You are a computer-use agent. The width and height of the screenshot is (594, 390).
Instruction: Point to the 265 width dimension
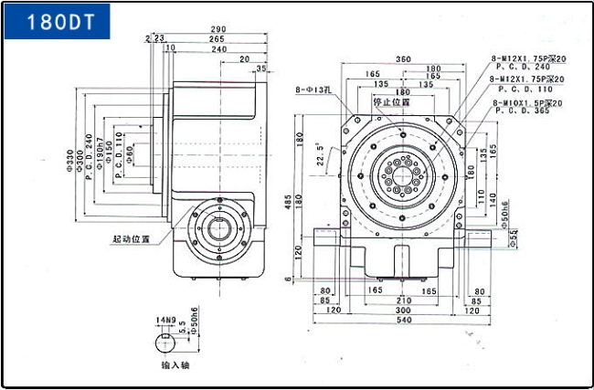pyautogui.click(x=217, y=39)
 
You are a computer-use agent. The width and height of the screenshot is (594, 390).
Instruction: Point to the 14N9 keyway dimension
pyautogui.click(x=164, y=319)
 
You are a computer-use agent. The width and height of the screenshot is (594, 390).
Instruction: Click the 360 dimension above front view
pyautogui.click(x=402, y=59)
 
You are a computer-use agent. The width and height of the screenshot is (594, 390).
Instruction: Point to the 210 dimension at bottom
pyautogui.click(x=402, y=299)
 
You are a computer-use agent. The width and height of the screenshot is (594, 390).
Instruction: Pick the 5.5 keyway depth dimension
pyautogui.click(x=182, y=323)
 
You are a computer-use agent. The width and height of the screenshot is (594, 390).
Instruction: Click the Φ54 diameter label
pyautogui.click(x=514, y=239)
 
